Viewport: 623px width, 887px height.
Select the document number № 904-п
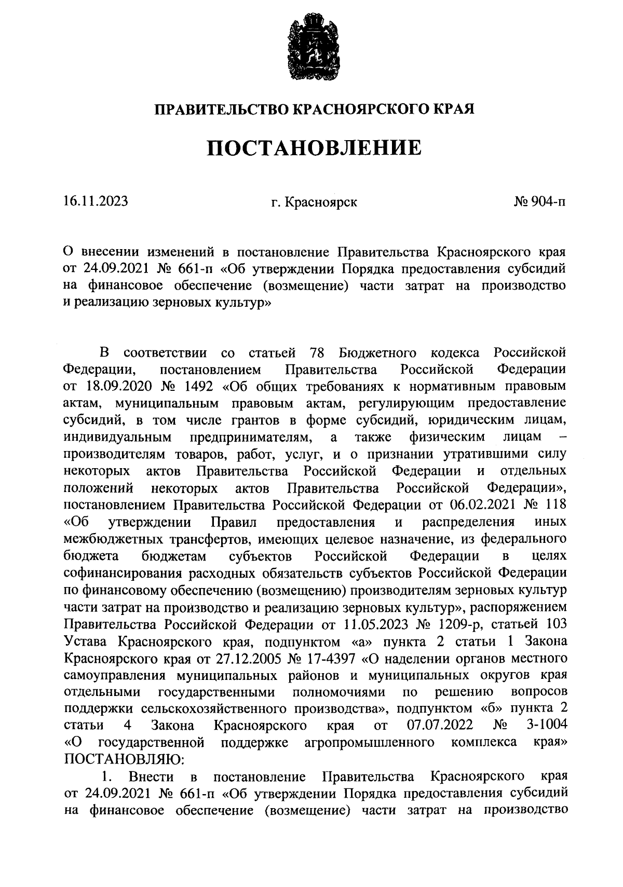coord(539,201)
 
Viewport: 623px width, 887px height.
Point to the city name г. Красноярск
coord(314,201)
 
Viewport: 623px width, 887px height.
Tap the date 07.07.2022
coord(436,725)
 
